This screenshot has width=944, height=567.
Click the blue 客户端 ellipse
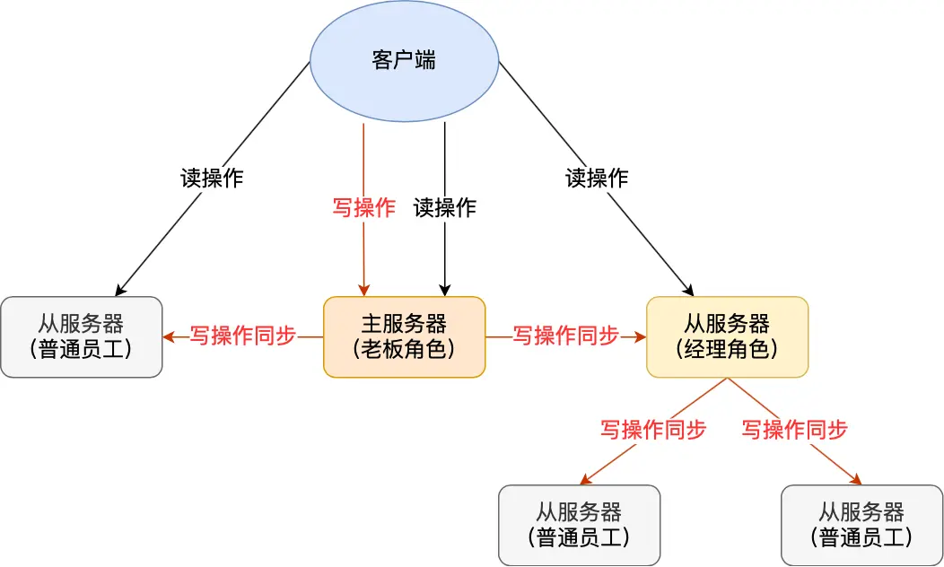tap(404, 61)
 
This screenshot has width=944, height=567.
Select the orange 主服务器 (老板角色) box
tap(404, 336)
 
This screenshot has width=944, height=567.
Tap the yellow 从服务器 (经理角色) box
tap(727, 336)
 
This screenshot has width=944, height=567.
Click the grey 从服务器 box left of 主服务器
tap(81, 336)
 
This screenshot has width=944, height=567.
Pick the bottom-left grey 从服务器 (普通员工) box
tap(579, 525)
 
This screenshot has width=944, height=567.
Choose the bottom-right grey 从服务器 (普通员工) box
tap(861, 525)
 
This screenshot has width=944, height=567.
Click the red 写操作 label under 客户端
tap(363, 208)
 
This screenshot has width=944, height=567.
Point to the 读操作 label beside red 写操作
tap(444, 208)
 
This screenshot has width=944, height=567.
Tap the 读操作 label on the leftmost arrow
tap(211, 178)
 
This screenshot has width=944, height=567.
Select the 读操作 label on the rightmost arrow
tap(596, 178)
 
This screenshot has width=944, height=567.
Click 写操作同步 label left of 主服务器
tap(242, 336)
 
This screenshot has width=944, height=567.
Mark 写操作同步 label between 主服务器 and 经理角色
tap(565, 336)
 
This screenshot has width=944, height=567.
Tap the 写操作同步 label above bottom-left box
tap(653, 430)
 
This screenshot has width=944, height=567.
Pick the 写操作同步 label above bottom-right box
tap(794, 430)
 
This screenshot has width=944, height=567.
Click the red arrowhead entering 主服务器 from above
tap(363, 291)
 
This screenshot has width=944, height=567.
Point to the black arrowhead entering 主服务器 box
tap(444, 291)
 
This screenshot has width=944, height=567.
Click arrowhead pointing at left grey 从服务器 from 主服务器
tap(169, 337)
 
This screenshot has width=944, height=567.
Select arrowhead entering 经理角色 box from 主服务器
tap(641, 337)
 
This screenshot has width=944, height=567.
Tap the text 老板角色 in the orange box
tap(404, 350)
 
